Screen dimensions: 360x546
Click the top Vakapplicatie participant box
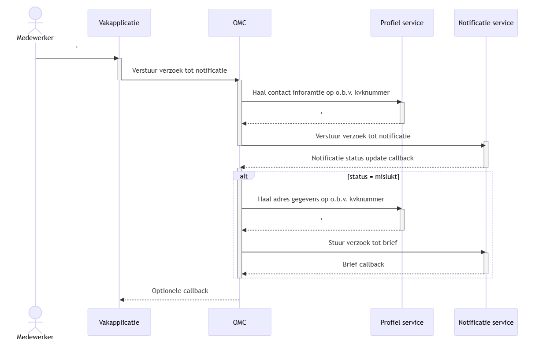click(119, 22)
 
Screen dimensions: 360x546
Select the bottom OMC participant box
click(239, 322)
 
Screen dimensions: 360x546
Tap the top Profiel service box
click(402, 22)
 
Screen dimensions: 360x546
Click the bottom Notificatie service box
click(486, 322)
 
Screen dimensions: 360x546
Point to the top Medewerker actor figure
click(35, 20)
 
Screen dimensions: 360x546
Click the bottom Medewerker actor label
click(35, 337)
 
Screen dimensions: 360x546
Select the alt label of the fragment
click(244, 176)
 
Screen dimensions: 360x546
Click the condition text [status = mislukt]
click(373, 177)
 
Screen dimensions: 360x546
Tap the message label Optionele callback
click(180, 291)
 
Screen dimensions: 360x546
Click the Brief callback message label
click(363, 264)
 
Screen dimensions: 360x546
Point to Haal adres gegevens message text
click(321, 199)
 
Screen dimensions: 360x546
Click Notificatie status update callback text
click(362, 158)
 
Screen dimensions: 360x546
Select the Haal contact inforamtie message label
click(321, 93)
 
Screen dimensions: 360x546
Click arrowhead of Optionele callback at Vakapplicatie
click(122, 300)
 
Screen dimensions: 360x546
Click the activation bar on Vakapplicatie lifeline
click(119, 69)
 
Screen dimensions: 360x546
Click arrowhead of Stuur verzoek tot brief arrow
click(483, 252)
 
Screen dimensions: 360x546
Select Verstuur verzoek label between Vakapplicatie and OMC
click(179, 71)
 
